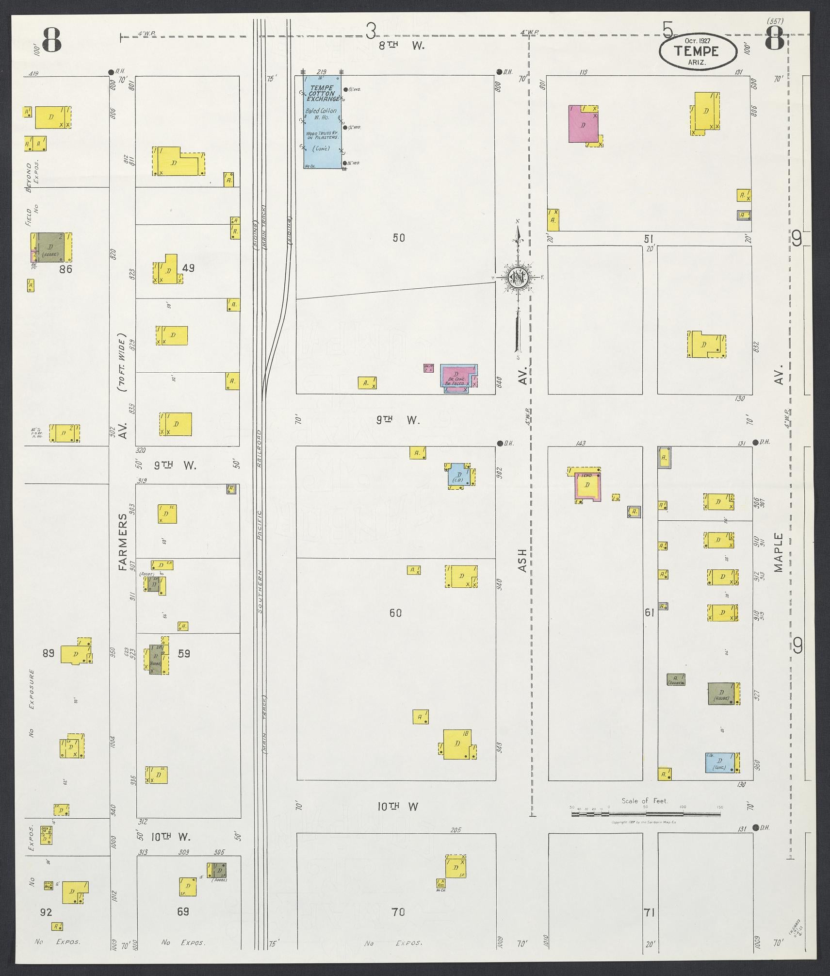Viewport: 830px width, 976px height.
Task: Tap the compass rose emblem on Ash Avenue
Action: [518, 277]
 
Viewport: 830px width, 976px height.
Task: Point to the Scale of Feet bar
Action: [646, 809]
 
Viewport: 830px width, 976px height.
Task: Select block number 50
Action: [399, 238]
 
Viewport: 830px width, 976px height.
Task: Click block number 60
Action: [395, 613]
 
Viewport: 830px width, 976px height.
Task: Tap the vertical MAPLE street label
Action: [779, 552]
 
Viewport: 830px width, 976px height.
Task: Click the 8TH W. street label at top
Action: [401, 46]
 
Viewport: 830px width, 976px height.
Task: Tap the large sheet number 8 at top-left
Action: [52, 40]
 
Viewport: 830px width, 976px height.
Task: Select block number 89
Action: [48, 652]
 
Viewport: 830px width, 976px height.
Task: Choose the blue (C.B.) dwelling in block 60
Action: [457, 476]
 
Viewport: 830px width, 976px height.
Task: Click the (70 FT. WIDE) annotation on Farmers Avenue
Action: [122, 362]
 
